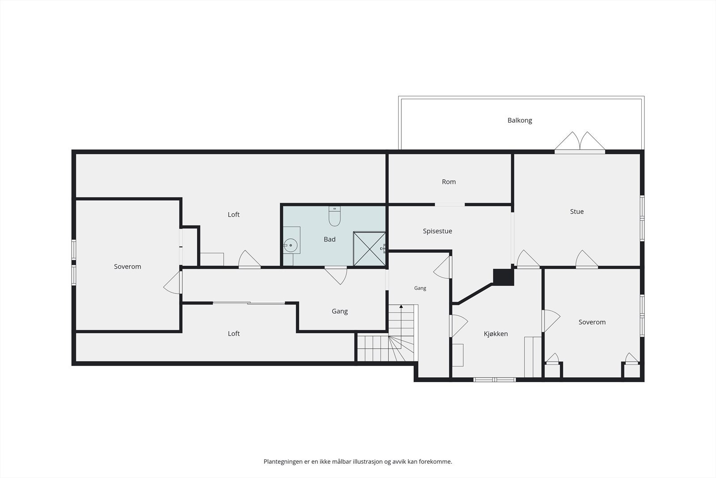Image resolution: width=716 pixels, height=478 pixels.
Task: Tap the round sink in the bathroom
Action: click(290, 245)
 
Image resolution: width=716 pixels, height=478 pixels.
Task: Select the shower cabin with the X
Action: click(369, 249)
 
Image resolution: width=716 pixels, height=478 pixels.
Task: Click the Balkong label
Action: click(520, 121)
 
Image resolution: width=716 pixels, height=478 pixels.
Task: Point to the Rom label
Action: click(449, 182)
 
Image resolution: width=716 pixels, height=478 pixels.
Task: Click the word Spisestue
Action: click(437, 231)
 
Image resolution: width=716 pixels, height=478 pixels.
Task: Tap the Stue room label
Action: click(577, 211)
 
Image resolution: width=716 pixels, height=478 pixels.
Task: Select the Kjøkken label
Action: click(495, 334)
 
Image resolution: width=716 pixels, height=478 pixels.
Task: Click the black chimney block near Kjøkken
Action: click(503, 277)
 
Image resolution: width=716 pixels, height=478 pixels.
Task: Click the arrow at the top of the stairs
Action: click(401, 306)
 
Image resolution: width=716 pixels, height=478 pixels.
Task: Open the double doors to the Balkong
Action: click(580, 142)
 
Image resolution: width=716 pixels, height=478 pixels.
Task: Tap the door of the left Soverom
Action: click(173, 283)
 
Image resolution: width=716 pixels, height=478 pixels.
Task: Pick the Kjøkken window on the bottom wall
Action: click(494, 380)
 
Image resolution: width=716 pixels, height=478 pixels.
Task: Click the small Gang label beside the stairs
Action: click(420, 288)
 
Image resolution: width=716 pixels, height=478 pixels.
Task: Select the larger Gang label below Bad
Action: click(340, 311)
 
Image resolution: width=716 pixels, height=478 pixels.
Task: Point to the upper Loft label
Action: click(233, 215)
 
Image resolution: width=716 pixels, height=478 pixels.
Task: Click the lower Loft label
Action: click(234, 333)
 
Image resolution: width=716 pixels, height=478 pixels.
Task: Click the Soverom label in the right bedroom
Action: click(592, 322)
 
